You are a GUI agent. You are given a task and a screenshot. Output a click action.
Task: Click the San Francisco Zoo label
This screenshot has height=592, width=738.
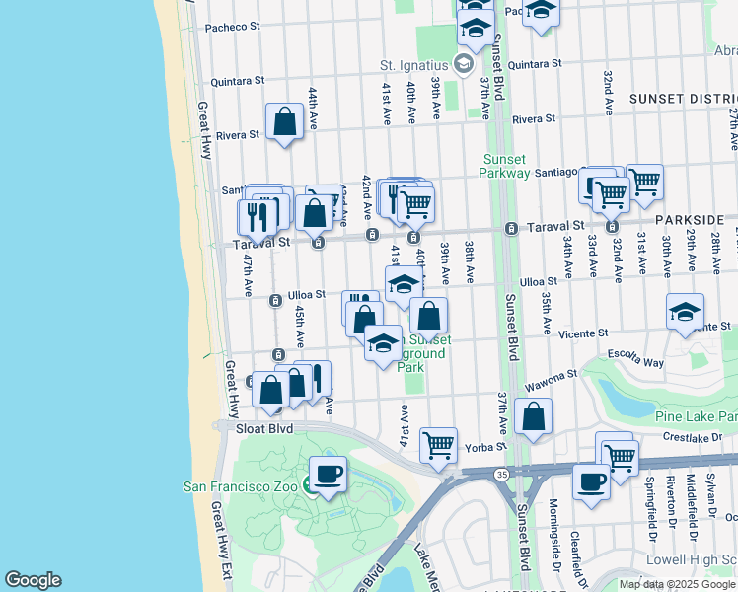pos(242,485)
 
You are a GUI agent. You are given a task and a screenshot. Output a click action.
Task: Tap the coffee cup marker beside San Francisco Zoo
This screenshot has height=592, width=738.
pos(329,475)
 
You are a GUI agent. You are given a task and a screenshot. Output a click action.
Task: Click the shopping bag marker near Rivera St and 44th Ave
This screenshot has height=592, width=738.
pos(284,122)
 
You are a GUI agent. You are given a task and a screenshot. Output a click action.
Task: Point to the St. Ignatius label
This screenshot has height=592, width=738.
pos(415,65)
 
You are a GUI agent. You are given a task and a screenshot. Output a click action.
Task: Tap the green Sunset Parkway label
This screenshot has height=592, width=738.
pos(510,169)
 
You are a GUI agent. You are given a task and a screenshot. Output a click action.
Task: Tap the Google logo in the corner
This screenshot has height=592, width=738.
pos(33,580)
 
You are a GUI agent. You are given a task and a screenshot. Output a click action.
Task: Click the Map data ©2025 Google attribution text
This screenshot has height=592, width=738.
pos(677,584)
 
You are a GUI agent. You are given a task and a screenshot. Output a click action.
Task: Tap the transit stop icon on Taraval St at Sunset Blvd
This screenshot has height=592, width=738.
pos(511,229)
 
